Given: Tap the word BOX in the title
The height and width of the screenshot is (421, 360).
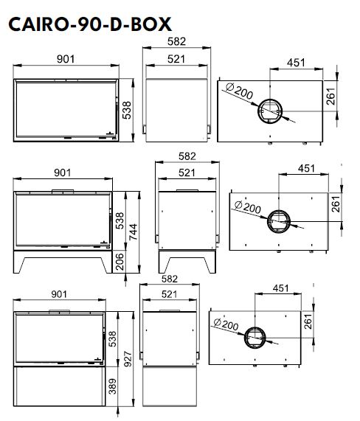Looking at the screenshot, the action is pyautogui.click(x=151, y=24).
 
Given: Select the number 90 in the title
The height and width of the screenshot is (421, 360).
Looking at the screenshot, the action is pyautogui.click(x=86, y=24).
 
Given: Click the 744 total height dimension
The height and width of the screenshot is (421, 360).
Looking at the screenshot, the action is pyautogui.click(x=133, y=232).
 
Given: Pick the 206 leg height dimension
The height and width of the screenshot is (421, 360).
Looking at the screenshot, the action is pyautogui.click(x=120, y=262).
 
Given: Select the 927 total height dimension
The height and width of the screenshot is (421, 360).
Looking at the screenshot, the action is pyautogui.click(x=128, y=359).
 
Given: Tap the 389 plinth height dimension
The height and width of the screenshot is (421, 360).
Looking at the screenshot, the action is pyautogui.click(x=113, y=386).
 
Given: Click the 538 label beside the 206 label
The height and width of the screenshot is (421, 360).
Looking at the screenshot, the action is pyautogui.click(x=120, y=220).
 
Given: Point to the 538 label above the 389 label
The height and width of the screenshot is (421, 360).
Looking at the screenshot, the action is pyautogui.click(x=113, y=339).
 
